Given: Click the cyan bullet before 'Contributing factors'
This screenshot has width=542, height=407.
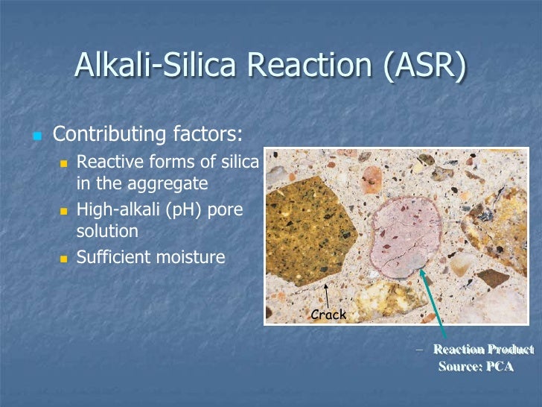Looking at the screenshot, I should click(x=35, y=136).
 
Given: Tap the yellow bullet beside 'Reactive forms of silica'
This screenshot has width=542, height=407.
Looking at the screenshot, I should click(x=63, y=163).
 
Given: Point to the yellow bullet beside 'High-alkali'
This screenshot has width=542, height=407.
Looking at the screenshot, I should click(x=63, y=211).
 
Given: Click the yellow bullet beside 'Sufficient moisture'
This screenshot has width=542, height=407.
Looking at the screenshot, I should click(x=63, y=259).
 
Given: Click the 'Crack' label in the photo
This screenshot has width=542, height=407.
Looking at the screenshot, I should click(x=328, y=315).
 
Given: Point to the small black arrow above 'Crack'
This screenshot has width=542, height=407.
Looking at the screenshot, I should click(x=325, y=295).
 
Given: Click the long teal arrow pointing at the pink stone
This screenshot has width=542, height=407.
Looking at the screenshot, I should click(x=434, y=306).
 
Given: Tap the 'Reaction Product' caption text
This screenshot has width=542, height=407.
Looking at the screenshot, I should click(x=483, y=350).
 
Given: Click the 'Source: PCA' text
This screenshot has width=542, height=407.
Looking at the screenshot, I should click(x=476, y=367).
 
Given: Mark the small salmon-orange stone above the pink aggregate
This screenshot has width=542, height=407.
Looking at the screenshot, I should click(x=371, y=180).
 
